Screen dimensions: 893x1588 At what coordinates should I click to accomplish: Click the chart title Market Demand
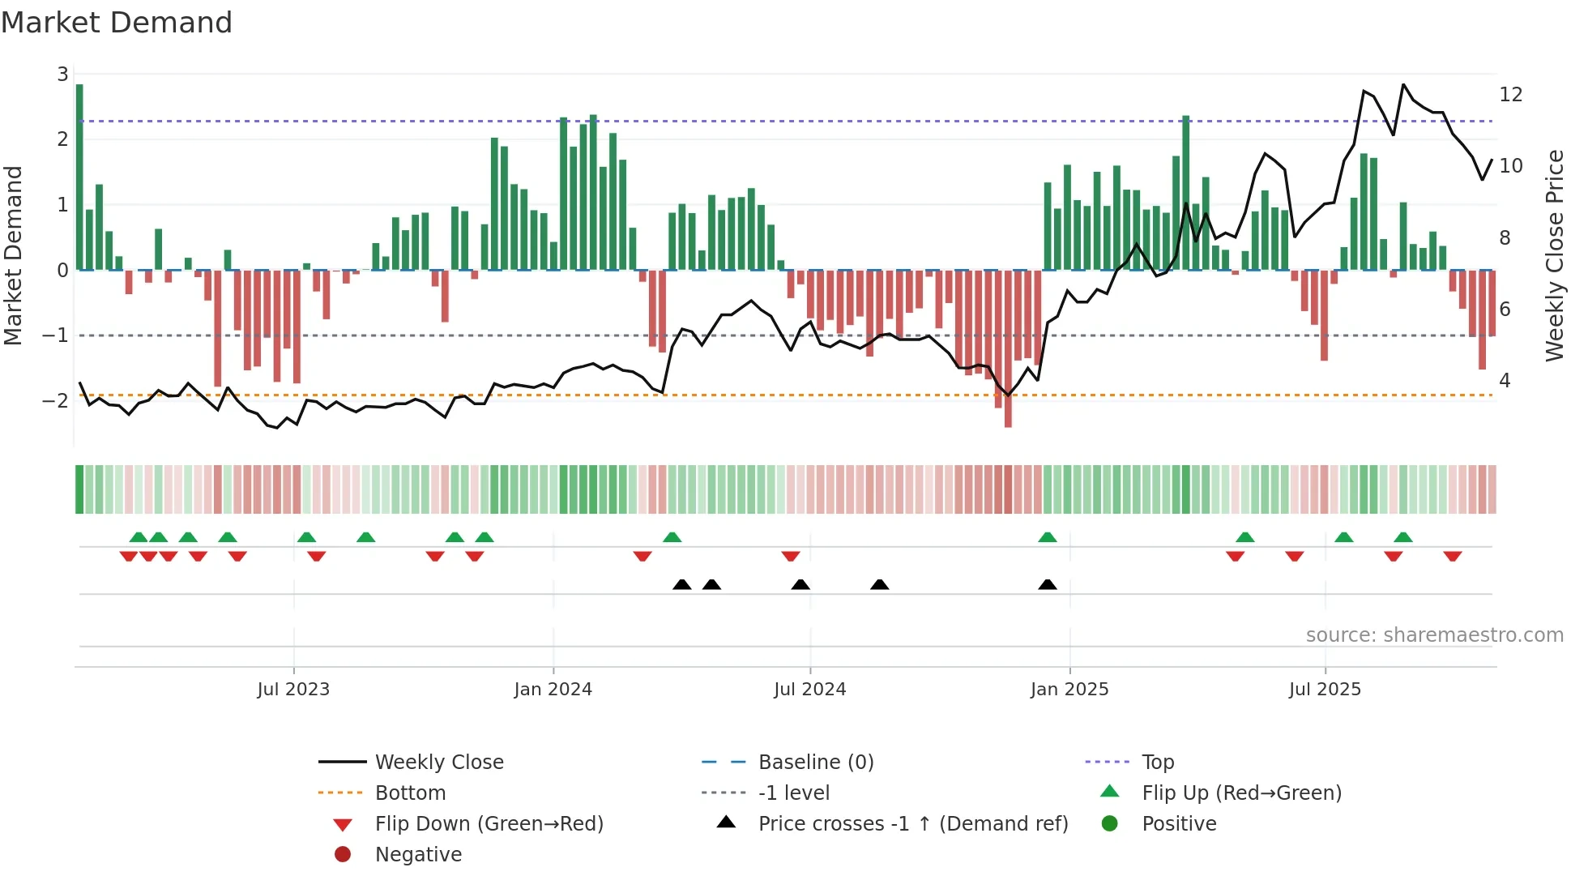pos(117,23)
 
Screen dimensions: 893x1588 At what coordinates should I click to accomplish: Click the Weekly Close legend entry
pos(438,762)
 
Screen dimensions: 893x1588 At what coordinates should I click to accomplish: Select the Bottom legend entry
pos(410,793)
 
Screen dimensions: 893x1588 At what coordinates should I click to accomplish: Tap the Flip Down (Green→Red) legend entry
pos(489,823)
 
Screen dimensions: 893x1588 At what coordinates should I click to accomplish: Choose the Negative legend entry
pos(418,854)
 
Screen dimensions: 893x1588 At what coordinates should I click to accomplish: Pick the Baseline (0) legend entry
pos(815,762)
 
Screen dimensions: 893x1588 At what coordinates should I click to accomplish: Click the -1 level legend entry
pos(793,793)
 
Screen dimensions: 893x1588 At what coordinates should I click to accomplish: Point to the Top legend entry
pos(1157,762)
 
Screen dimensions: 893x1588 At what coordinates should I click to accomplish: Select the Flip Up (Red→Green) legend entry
pos(1241,793)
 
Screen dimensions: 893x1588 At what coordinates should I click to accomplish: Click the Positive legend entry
pos(1179,823)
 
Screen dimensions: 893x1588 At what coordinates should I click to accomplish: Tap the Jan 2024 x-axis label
pos(553,690)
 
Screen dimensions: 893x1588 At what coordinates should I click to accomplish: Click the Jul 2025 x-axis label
pos(1325,690)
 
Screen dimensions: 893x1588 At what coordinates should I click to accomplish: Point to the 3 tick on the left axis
pos(62,75)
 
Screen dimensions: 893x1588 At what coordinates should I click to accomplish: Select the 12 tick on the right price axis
pos(1510,95)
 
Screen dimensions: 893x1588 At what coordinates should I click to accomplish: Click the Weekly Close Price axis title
pos(1554,255)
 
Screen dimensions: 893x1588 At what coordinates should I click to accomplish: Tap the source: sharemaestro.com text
pos(1434,635)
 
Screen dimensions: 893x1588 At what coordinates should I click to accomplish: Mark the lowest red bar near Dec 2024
pos(1008,348)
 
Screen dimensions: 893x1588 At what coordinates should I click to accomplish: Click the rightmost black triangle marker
pos(1047,584)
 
